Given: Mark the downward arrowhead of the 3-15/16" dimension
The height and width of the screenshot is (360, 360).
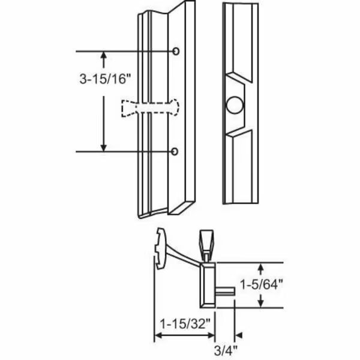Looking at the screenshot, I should tap(104, 147).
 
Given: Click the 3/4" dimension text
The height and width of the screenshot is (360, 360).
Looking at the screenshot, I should tap(224, 347).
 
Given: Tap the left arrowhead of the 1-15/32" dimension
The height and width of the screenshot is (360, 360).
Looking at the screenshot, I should tap(158, 335).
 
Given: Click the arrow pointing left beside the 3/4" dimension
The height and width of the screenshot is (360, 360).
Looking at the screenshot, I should tap(239, 335).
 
